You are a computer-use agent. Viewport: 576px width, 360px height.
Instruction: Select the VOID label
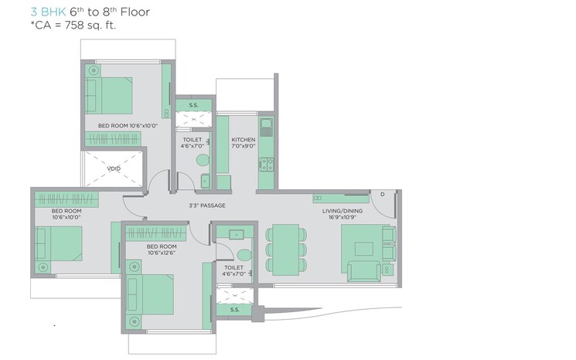(x=114, y=168)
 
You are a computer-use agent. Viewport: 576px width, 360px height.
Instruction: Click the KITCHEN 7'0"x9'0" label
(x=244, y=143)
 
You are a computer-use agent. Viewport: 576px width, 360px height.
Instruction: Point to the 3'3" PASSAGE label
(x=206, y=205)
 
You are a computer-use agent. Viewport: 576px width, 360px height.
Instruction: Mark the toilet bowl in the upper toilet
(x=203, y=161)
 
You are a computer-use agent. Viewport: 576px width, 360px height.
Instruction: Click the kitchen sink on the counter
(x=265, y=123)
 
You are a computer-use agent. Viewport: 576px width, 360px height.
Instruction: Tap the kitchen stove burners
(x=265, y=164)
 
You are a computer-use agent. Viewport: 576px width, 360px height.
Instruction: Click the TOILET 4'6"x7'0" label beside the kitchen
(x=192, y=143)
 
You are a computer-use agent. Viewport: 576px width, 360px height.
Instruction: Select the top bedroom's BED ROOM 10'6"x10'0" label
(x=128, y=124)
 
